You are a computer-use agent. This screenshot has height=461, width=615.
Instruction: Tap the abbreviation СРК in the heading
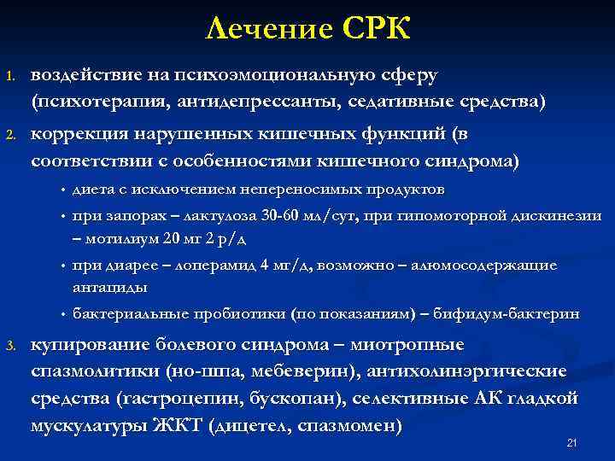point(376,30)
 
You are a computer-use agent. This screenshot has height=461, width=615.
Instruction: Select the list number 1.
point(10,78)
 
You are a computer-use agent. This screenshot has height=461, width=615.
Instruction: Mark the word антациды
point(109,287)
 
